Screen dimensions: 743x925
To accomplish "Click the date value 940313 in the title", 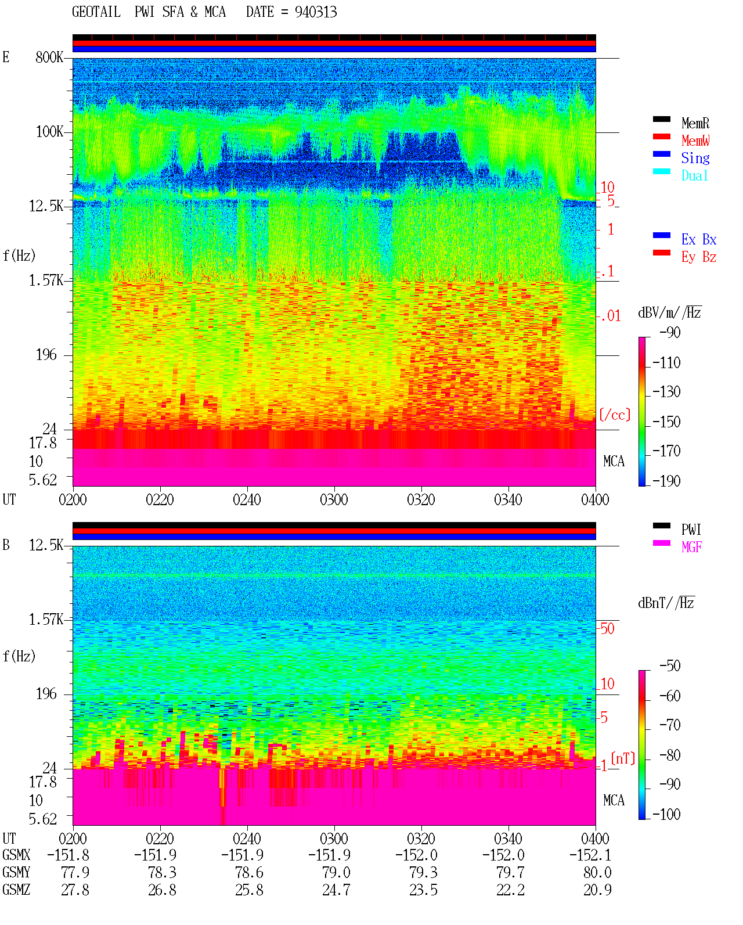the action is (x=315, y=12).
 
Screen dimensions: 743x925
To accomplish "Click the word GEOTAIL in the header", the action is (x=96, y=12).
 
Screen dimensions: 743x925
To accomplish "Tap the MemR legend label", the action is (x=695, y=123).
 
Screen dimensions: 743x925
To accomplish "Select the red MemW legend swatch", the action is (x=661, y=136).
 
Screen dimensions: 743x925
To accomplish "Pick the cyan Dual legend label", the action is (x=694, y=175).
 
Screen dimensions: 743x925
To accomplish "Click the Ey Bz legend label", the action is (x=698, y=257).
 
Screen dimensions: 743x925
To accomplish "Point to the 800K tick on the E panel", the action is (x=49, y=57).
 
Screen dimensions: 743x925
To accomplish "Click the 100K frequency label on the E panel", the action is (x=49, y=132).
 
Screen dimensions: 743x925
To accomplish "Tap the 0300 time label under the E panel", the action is (x=334, y=500).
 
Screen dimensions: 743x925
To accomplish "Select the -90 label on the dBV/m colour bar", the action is (x=670, y=333).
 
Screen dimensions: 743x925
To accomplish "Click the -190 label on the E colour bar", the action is (x=666, y=481).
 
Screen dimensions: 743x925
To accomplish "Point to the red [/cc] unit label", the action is (x=615, y=415).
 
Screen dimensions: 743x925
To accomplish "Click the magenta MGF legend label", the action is (x=691, y=547).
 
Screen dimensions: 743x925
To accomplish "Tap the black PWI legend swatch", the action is (x=661, y=526).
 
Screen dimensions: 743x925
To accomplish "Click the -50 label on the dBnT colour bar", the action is (x=670, y=666).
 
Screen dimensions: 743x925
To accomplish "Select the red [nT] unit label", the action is (x=623, y=758).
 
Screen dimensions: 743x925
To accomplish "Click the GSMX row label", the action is (x=16, y=855).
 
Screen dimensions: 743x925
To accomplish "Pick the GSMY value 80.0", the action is (x=597, y=873).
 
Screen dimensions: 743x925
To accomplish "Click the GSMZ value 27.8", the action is (x=75, y=890).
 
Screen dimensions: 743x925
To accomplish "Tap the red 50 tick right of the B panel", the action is (x=607, y=629).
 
